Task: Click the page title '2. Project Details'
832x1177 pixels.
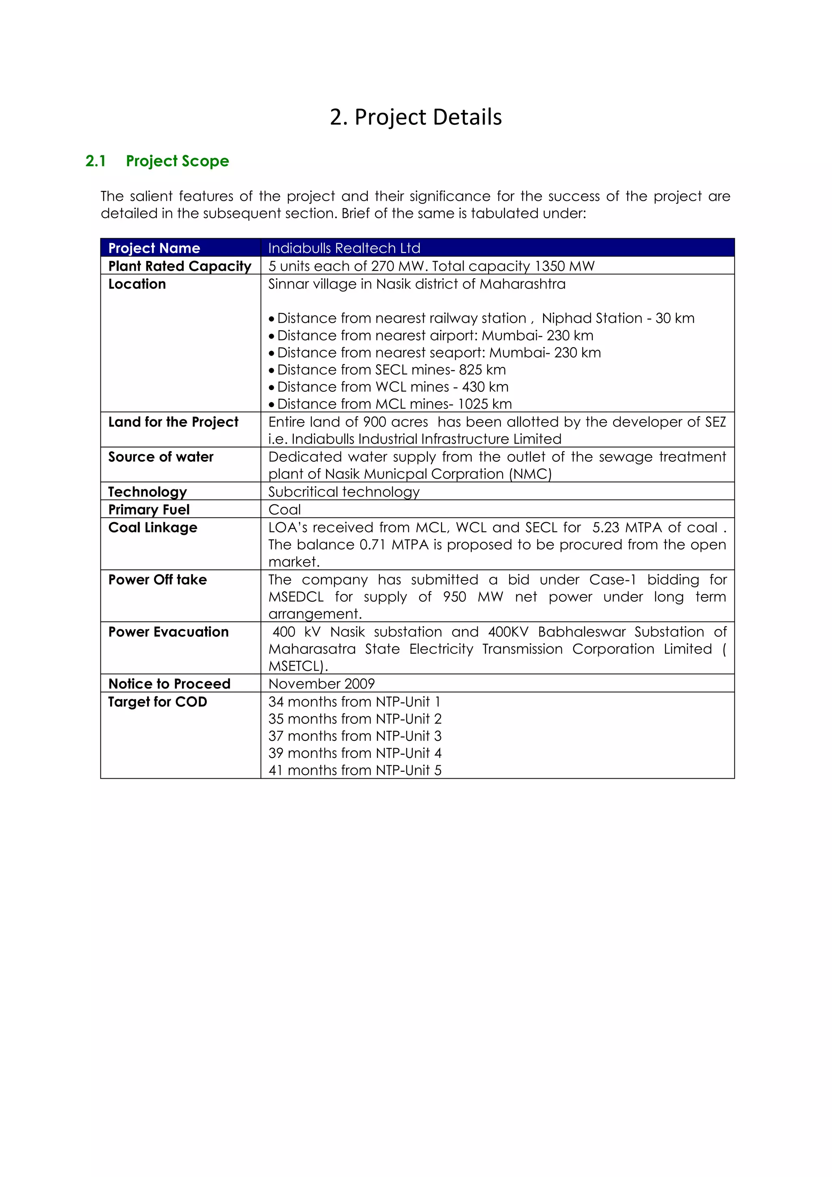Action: [x=416, y=117]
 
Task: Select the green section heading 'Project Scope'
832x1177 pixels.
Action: [x=177, y=161]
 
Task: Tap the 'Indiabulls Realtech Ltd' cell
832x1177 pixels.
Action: [x=344, y=248]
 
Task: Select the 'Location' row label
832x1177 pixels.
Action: [x=137, y=284]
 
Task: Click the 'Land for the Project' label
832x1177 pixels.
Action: [x=173, y=422]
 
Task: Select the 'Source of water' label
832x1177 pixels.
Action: [x=160, y=457]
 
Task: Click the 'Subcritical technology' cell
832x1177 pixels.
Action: [x=344, y=492]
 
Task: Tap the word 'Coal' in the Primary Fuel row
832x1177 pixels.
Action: [x=284, y=510]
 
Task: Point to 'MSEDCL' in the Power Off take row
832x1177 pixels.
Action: [x=296, y=597]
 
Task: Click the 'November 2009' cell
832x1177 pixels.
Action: [x=321, y=684]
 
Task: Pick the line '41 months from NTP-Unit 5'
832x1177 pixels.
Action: [x=355, y=770]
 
